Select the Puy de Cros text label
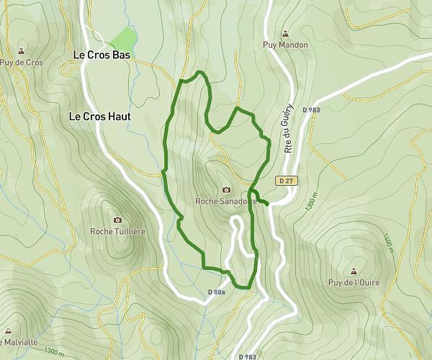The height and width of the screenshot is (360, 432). pos(21,63)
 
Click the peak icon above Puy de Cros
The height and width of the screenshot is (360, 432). pos(21,51)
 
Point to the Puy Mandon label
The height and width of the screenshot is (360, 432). pos(285,45)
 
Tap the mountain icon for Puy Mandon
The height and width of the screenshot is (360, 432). pos(285,33)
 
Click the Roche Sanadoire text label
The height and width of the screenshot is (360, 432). pos(226,202)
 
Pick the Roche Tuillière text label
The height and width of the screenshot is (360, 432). pos(118,231)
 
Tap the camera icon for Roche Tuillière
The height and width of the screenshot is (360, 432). pos(118,220)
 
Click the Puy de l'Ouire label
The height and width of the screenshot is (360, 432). pos(353,282)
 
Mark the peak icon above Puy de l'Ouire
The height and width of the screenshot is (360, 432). pos(353,271)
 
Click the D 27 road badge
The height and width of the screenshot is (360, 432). pos(285,181)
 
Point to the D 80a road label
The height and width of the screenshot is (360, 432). pos(217,292)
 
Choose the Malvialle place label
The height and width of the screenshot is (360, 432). pos(17,342)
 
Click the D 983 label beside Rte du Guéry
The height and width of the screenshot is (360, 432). pos(310,109)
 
